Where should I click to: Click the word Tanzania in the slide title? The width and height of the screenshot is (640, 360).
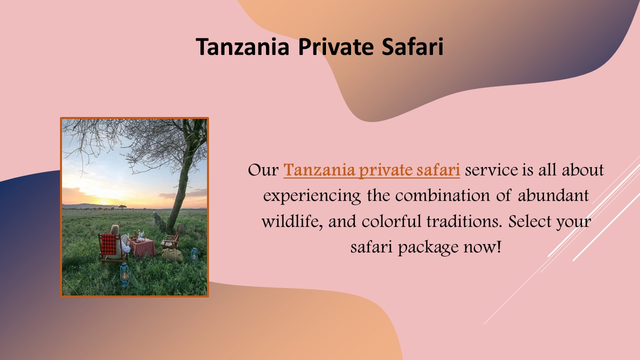click(x=242, y=46)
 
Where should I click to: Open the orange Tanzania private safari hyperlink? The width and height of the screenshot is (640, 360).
click(x=371, y=170)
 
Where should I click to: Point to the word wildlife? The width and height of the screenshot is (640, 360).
click(x=293, y=221)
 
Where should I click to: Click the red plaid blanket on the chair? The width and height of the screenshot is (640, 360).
click(x=108, y=244)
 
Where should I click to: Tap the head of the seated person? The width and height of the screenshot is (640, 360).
click(x=115, y=229)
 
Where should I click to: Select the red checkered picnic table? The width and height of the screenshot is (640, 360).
click(x=142, y=246)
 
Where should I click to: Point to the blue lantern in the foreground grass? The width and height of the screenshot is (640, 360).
click(x=123, y=273)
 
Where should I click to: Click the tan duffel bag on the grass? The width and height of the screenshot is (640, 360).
click(x=172, y=255)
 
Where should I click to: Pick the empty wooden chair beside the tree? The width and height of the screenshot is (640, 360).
click(x=171, y=240)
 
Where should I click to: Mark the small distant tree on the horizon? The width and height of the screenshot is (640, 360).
click(x=122, y=206)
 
